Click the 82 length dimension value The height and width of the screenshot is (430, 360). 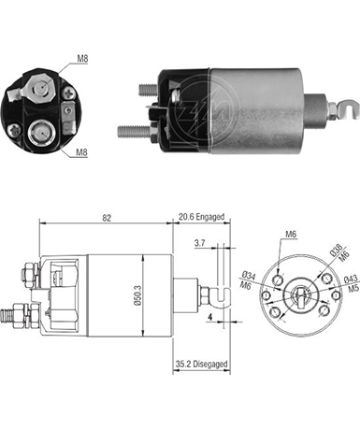point(107,218)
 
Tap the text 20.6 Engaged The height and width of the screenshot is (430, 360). point(201,217)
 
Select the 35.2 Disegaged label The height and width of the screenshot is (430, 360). point(201,364)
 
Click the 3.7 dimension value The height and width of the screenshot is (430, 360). point(199,243)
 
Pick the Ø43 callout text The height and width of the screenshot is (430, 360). point(351,279)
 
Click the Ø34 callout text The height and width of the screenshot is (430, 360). point(249,276)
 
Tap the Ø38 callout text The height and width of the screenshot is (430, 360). point(337,250)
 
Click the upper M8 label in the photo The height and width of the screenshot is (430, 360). point(82,58)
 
